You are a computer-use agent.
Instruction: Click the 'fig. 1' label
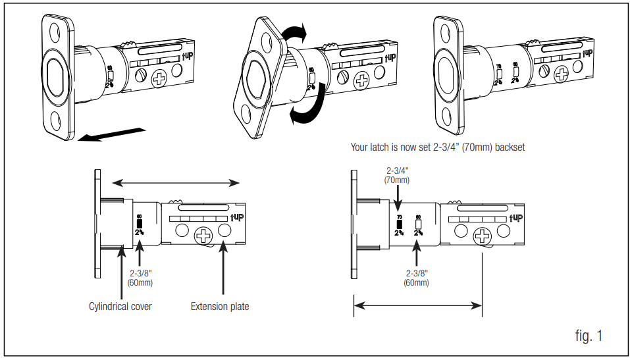pyautogui.click(x=588, y=336)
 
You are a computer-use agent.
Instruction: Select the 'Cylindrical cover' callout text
pyautogui.click(x=120, y=306)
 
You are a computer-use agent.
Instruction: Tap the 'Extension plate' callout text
pyautogui.click(x=220, y=306)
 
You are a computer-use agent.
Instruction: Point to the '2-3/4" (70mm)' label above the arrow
pyautogui.click(x=398, y=175)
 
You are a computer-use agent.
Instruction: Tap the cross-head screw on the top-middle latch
pyautogui.click(x=361, y=82)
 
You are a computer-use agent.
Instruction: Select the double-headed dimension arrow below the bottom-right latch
pyautogui.click(x=419, y=305)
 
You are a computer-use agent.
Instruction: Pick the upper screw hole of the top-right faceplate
pyautogui.click(x=454, y=27)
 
